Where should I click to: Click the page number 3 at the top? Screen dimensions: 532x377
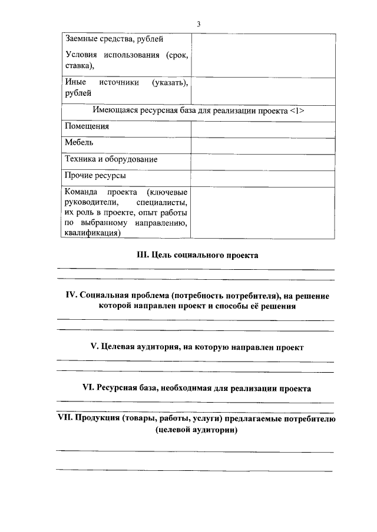tap(199, 24)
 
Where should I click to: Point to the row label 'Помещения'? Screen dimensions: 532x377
tap(87, 126)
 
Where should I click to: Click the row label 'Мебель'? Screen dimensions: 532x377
tap(79, 142)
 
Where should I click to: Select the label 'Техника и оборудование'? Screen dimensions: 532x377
tap(111, 159)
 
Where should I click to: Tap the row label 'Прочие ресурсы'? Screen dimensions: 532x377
tap(95, 175)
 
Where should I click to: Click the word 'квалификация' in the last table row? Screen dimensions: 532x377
tap(92, 233)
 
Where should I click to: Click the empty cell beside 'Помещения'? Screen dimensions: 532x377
tap(262, 127)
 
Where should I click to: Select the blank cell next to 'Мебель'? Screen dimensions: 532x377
tap(262, 143)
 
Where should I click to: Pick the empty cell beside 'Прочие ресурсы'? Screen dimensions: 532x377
tap(262, 176)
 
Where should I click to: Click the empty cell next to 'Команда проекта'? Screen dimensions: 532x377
tap(262, 212)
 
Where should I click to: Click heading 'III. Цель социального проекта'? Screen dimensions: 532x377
tap(197, 255)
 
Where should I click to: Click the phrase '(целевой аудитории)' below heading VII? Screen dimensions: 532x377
tap(197, 430)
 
